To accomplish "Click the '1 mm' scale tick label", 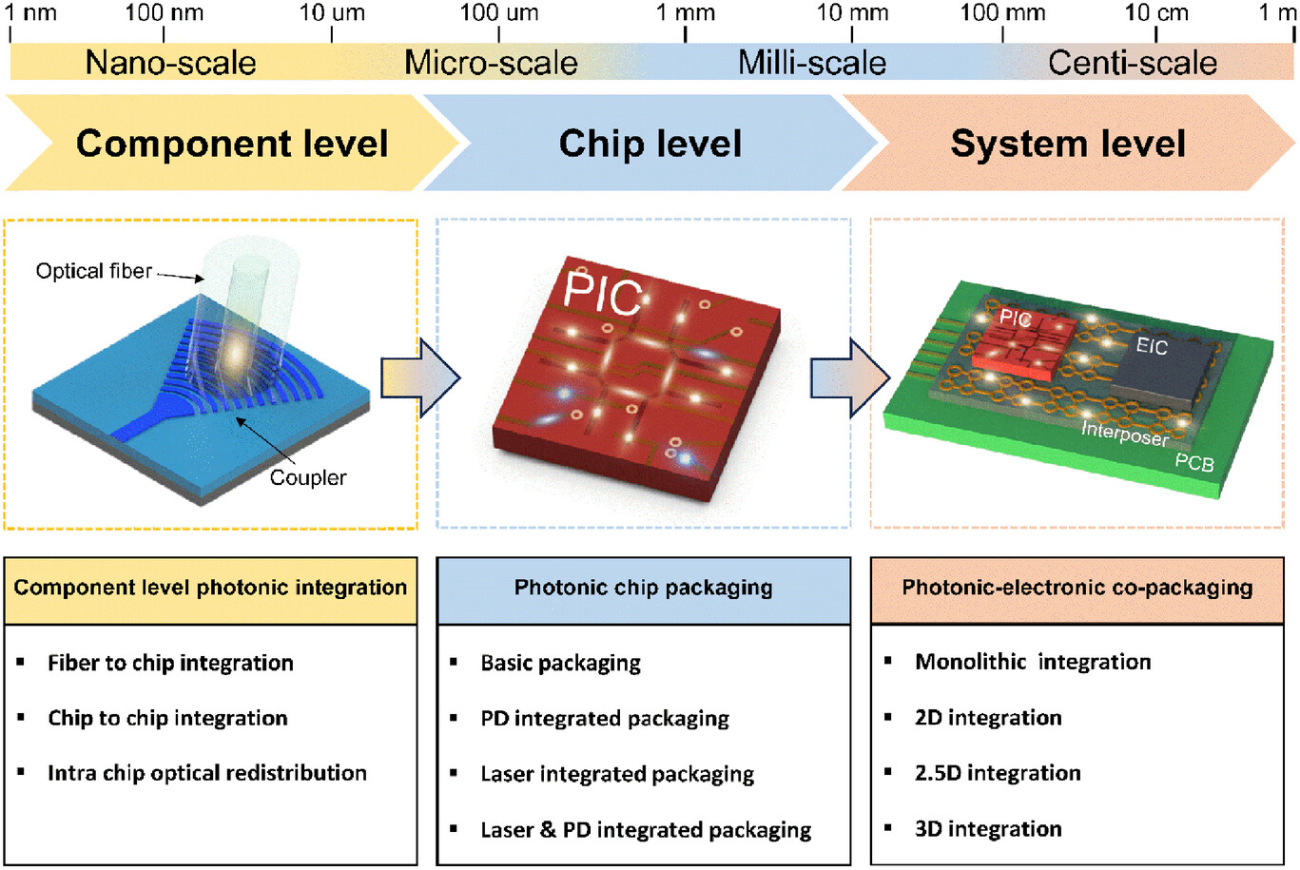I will tap(685, 12).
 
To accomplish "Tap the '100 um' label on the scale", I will tap(498, 12).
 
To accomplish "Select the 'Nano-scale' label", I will tap(170, 63).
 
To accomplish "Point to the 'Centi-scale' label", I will tap(1132, 63).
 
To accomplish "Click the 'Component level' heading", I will tap(232, 144).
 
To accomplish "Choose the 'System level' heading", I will tap(1067, 144).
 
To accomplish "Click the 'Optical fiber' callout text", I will tap(93, 271).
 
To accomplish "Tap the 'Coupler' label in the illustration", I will tap(308, 477).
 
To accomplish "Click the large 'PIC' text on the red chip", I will tap(603, 294).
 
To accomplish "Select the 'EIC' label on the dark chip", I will tap(1151, 346).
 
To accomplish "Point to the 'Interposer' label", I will tap(1125, 434).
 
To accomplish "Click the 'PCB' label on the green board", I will tap(1193, 462).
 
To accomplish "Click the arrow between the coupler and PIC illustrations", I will tap(419, 377).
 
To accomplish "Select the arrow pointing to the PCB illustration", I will tap(849, 377).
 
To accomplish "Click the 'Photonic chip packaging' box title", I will tap(643, 588).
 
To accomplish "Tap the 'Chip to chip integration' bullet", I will tap(167, 718).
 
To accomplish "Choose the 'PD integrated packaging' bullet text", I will tap(605, 718).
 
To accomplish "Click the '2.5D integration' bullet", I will tap(998, 773).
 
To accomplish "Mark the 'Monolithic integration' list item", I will tap(1033, 662).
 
